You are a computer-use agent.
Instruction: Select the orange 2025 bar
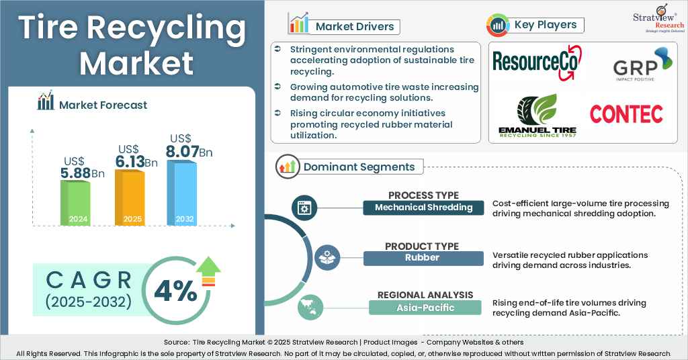pyautogui.click(x=129, y=197)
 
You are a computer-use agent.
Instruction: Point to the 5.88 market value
pyautogui.click(x=76, y=173)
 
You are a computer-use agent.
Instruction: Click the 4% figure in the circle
pyautogui.click(x=175, y=291)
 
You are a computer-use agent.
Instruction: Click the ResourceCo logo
pyautogui.click(x=536, y=62)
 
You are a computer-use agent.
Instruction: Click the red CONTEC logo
pyautogui.click(x=626, y=114)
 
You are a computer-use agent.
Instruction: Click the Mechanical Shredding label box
pyautogui.click(x=423, y=208)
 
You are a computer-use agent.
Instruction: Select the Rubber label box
pyautogui.click(x=423, y=258)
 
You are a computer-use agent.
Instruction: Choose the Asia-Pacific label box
pyautogui.click(x=425, y=308)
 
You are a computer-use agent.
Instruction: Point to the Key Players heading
pyautogui.click(x=545, y=25)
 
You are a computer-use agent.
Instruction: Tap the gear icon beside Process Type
pyautogui.click(x=304, y=208)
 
